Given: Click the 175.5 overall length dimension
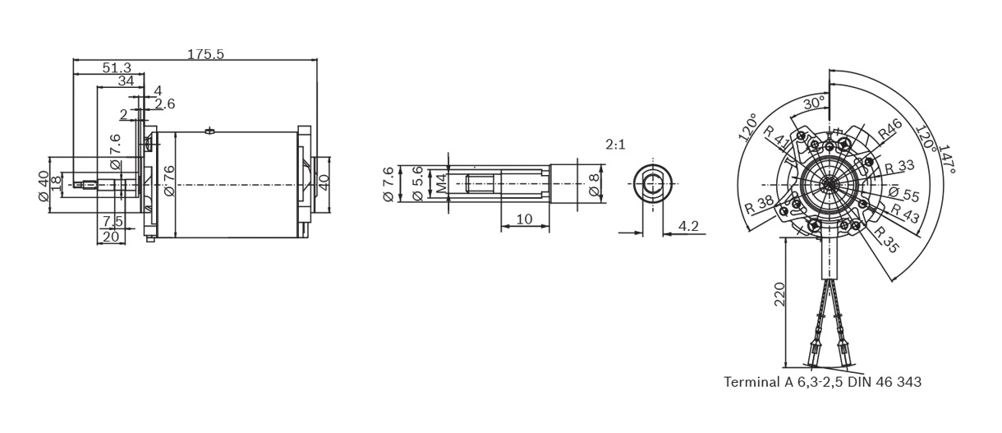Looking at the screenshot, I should coord(205,54).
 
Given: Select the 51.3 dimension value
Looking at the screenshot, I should coord(117,68).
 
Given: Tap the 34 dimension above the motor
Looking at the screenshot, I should coord(126,81).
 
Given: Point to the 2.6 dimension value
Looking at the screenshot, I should coord(164,104).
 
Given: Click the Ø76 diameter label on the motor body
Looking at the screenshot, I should coord(169,182).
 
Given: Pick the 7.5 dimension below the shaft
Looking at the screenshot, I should coord(113,221).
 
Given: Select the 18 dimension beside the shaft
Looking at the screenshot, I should coord(56,182).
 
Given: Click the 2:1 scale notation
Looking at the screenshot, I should coord(616,145).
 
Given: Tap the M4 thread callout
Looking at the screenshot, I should coord(441,182).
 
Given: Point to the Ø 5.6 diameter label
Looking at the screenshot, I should coord(418,182).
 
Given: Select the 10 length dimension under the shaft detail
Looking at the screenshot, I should coord(523,219).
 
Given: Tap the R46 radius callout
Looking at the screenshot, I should coord(889,131).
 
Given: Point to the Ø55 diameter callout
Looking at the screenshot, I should coord(903,195).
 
